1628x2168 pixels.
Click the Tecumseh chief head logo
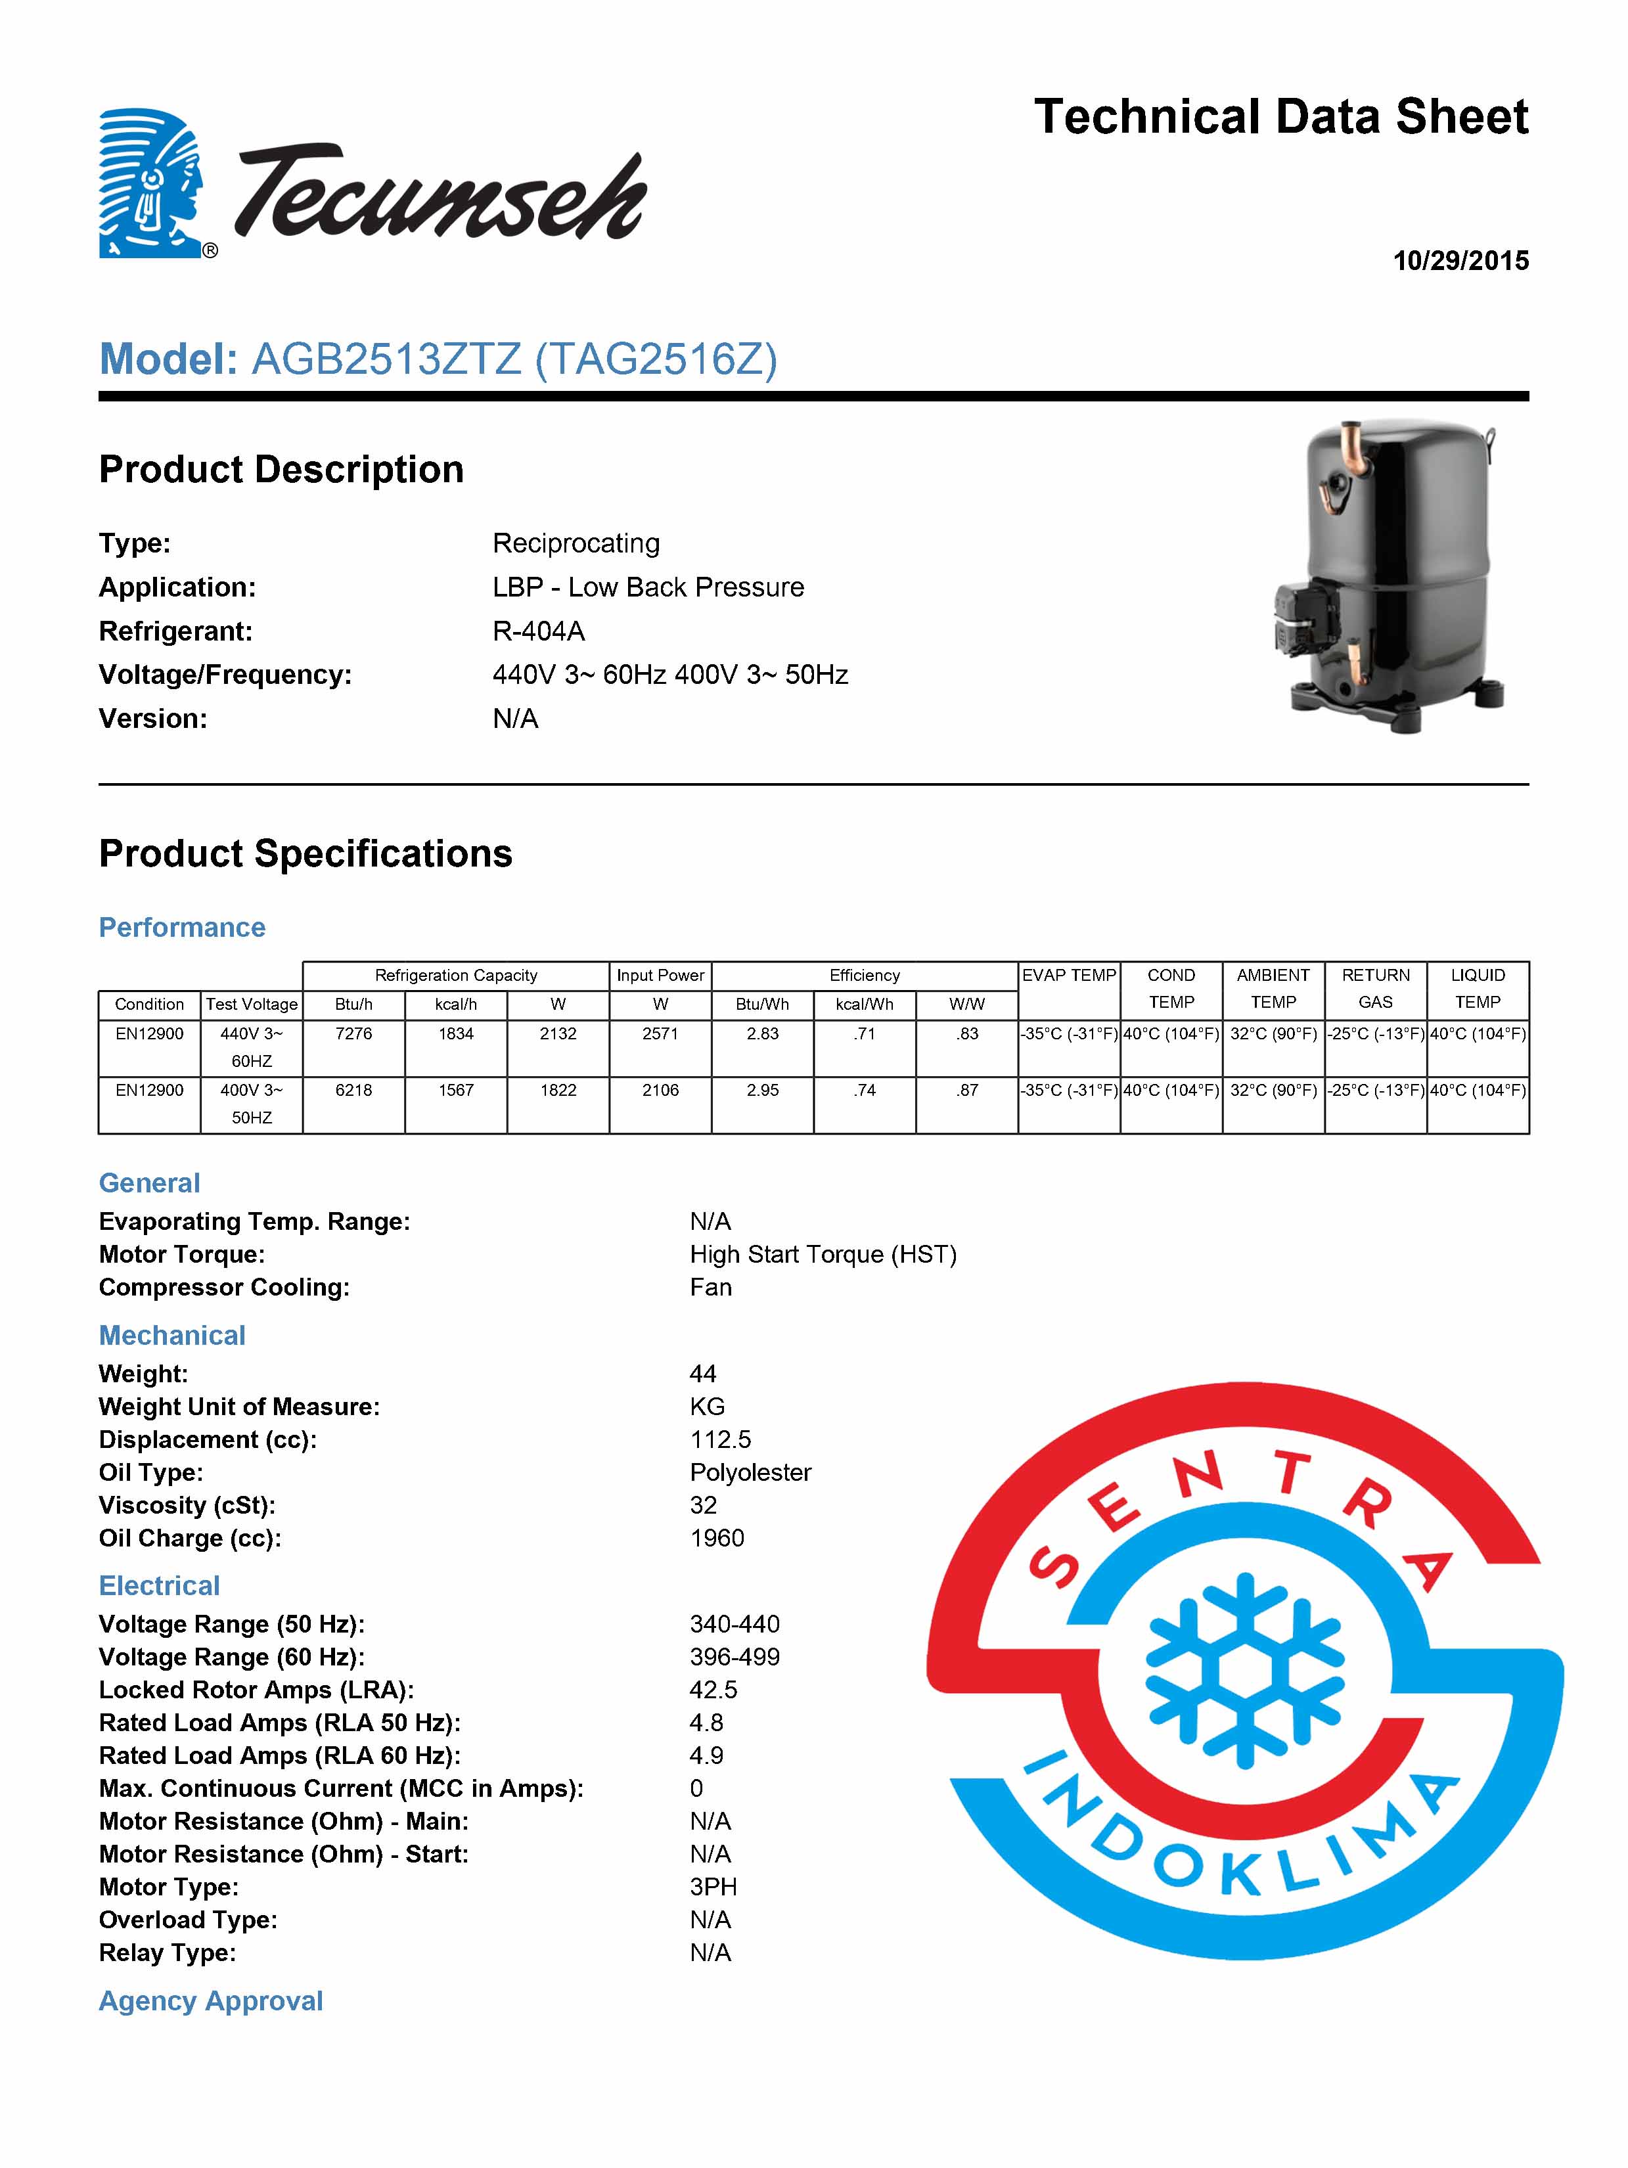tap(152, 183)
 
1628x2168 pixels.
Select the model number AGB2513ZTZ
tap(386, 360)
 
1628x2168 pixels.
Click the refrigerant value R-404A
tap(538, 631)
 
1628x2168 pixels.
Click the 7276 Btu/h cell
tap(354, 1034)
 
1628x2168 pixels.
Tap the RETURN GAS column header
tap(1375, 988)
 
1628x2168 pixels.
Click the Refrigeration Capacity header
tap(456, 975)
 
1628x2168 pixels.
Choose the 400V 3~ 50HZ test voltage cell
tap(252, 1104)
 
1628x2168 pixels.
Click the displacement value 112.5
tap(721, 1440)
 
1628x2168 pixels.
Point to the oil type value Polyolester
tap(750, 1472)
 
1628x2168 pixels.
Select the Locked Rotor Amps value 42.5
tap(713, 1690)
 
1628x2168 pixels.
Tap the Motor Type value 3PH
tap(713, 1887)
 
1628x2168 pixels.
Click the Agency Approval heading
tap(211, 2000)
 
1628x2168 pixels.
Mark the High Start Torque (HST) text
tap(823, 1255)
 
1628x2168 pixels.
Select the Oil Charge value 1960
tap(717, 1538)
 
